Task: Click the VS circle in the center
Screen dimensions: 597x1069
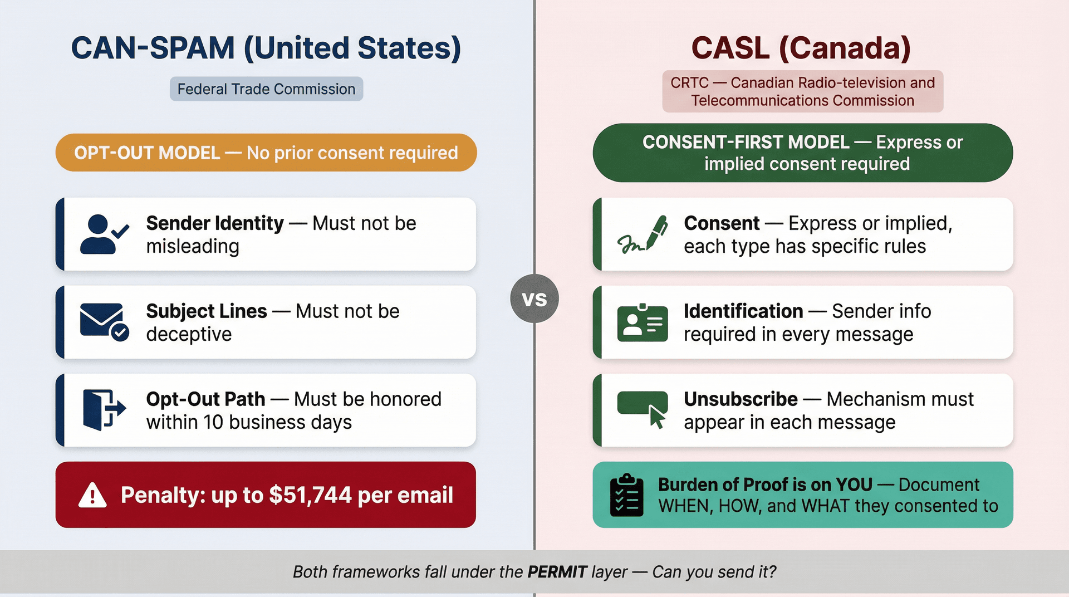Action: click(x=534, y=299)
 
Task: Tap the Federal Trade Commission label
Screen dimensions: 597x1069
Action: click(x=266, y=89)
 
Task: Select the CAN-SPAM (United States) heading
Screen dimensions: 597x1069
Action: click(x=266, y=48)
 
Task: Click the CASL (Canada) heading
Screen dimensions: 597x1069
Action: click(x=801, y=48)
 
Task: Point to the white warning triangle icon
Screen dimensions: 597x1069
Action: click(x=92, y=495)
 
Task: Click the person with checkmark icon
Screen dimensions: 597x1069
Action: click(x=104, y=234)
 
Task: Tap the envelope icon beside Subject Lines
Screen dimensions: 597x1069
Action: click(x=104, y=322)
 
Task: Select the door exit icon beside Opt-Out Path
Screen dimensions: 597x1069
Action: click(x=104, y=410)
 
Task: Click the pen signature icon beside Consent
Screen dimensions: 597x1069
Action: click(x=643, y=234)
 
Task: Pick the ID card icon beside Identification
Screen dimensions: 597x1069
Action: click(x=643, y=322)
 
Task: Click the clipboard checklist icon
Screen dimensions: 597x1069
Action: click(x=626, y=495)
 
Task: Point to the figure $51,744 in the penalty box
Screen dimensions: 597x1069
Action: click(x=310, y=495)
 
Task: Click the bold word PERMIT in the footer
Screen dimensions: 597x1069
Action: click(x=557, y=572)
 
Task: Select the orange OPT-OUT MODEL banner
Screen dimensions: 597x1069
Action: click(x=266, y=153)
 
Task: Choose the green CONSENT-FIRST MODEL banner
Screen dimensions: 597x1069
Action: click(x=802, y=153)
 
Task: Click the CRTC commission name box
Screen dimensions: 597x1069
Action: click(x=802, y=91)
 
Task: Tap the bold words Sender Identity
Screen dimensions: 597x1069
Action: click(x=215, y=223)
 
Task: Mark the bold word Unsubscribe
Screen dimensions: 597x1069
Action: click(x=741, y=399)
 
